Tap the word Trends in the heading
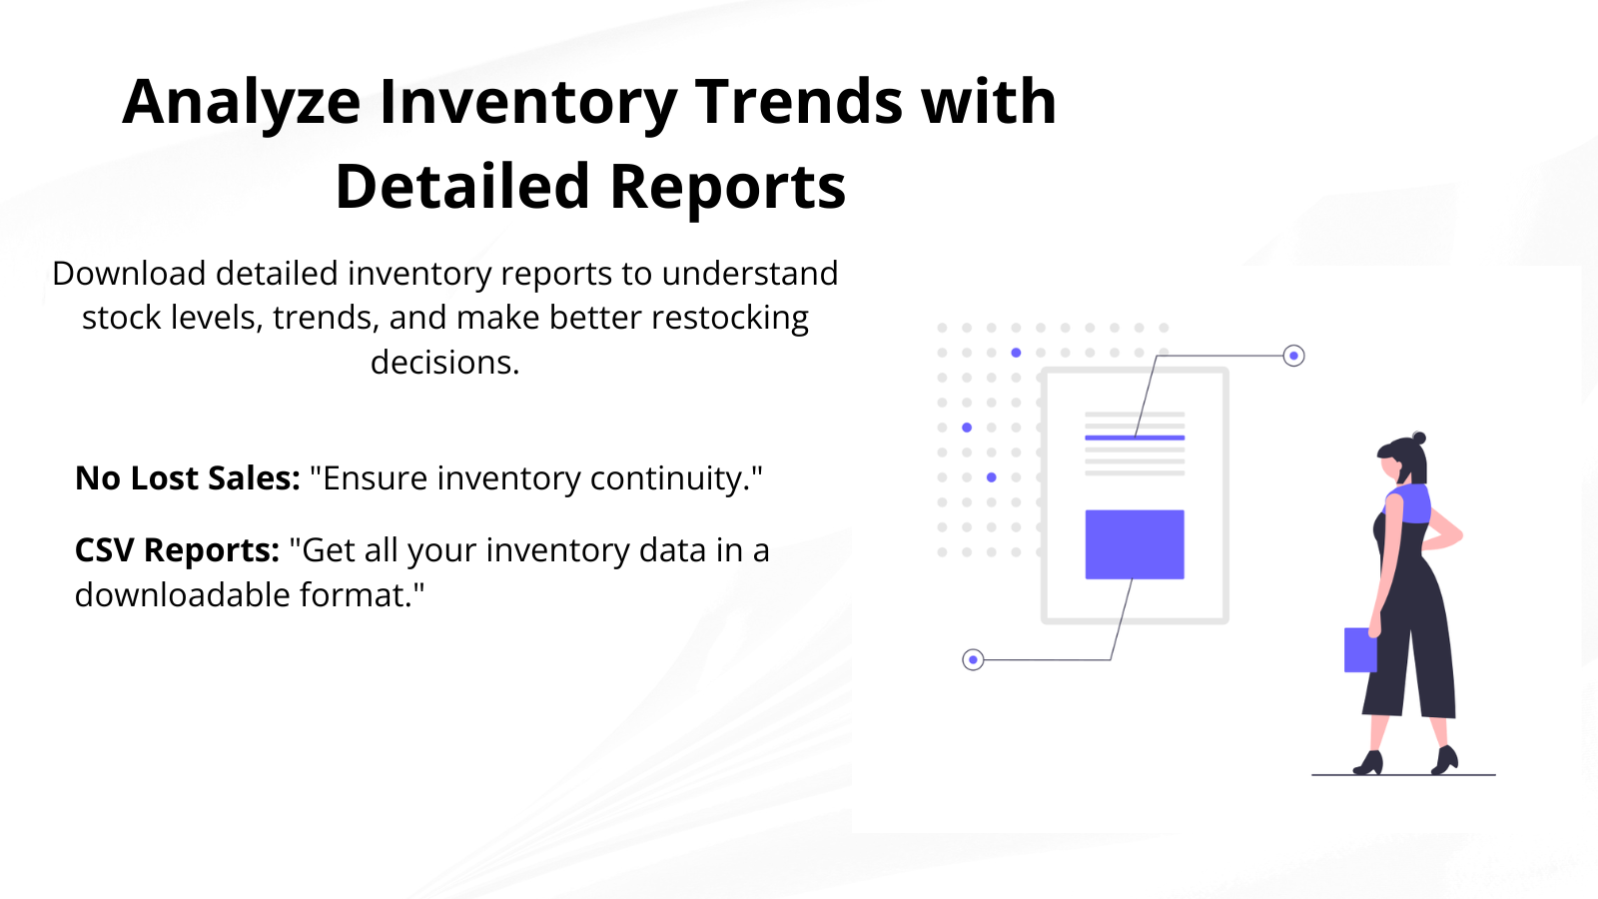click(798, 101)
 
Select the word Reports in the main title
click(728, 187)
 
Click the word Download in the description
click(129, 274)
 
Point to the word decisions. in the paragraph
click(444, 363)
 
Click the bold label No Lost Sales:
click(188, 478)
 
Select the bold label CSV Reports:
click(177, 550)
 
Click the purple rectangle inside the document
click(1135, 544)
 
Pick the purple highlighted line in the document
click(1135, 438)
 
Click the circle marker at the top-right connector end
click(1293, 356)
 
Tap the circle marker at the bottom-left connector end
click(973, 660)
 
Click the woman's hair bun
click(1419, 438)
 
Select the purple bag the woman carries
click(1360, 650)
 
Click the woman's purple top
click(1408, 503)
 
